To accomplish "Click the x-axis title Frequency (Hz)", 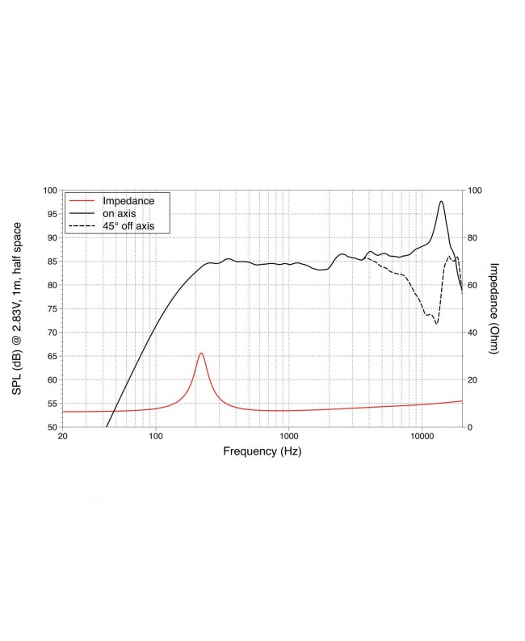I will point(262,452).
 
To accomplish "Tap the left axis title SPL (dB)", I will point(16,309).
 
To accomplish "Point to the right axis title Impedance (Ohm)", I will point(494,309).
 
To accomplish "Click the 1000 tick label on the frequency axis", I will point(288,436).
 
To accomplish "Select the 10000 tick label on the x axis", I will point(422,436).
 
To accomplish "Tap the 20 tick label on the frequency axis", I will point(63,436).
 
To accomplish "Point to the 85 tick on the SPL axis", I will point(50,262).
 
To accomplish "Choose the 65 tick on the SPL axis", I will point(50,356).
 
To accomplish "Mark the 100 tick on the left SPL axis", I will point(48,191).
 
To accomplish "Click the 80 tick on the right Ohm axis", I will point(474,238).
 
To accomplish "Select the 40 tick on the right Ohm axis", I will point(474,333).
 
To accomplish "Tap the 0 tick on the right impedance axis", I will point(472,427).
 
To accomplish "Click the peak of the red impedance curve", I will point(201,354).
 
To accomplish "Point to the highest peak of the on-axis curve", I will point(441,201).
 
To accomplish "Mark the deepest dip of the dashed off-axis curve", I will point(437,324).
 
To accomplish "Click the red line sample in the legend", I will point(81,200).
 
